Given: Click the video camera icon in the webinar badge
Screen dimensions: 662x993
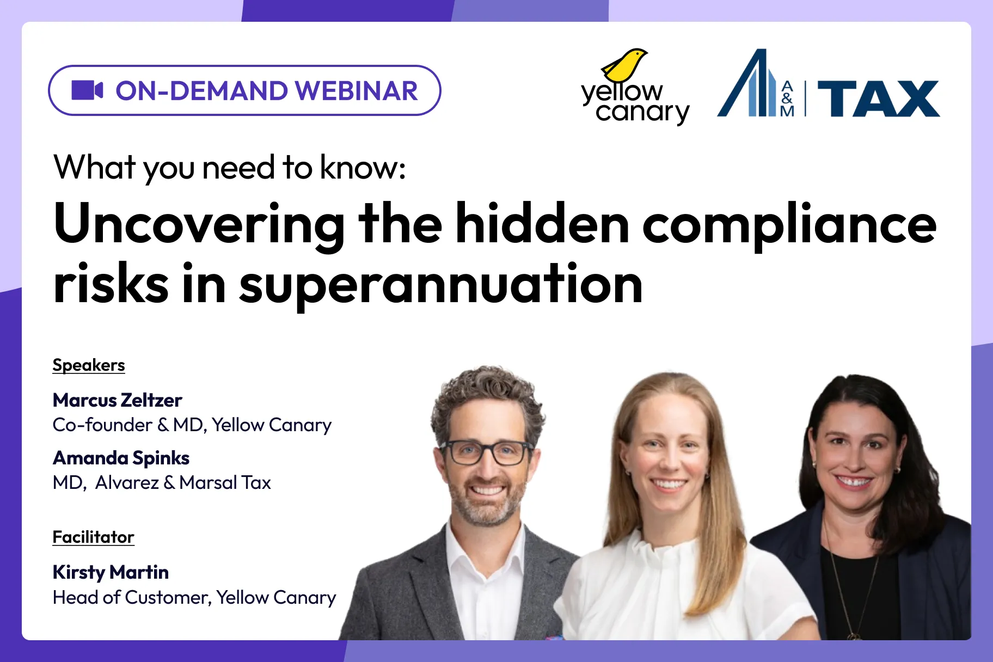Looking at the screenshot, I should (87, 90).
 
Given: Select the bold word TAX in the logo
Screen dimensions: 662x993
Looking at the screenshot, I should (878, 99).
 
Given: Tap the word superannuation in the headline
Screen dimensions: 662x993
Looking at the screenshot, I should (441, 285).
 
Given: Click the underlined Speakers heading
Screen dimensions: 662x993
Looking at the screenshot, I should (89, 365).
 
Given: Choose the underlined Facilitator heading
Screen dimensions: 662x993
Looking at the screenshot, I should (93, 537).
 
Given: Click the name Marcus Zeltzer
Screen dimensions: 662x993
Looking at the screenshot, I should (117, 400).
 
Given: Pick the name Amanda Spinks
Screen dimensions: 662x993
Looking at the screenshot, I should (121, 458).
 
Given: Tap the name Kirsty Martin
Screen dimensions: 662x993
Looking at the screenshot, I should (111, 572).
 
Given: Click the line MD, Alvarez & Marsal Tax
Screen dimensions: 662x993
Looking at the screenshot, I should (162, 483).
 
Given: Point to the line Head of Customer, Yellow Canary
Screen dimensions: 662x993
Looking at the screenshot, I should (194, 598).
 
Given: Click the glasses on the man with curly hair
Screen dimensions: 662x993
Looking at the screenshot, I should (486, 452).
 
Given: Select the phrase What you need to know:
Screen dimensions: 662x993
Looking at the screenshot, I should (229, 167).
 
